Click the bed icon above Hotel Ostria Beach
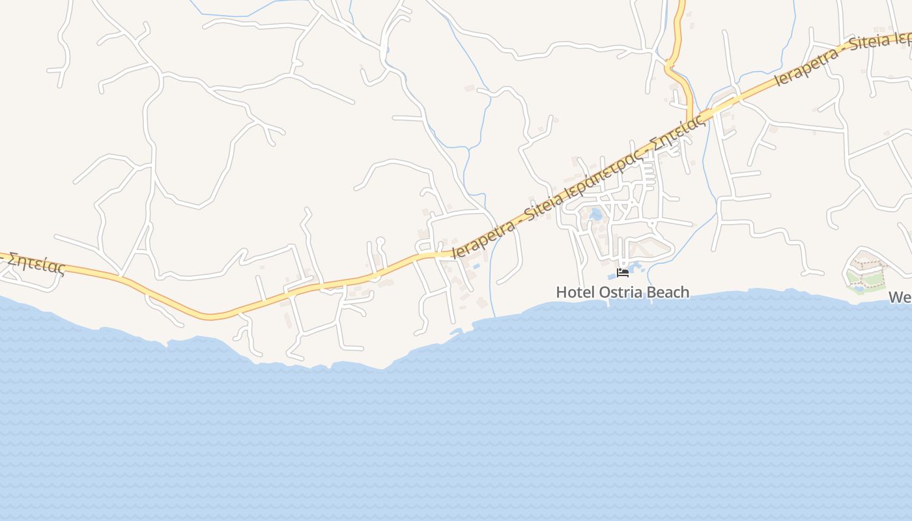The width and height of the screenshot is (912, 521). pyautogui.click(x=623, y=272)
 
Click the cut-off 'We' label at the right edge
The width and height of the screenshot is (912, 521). pyautogui.click(x=900, y=298)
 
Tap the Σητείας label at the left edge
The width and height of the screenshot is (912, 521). pyautogui.click(x=36, y=263)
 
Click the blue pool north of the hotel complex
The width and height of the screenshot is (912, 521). pyautogui.click(x=595, y=214)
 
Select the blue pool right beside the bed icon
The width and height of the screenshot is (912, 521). pyautogui.click(x=635, y=268)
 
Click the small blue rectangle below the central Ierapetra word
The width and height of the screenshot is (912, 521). pyautogui.click(x=476, y=266)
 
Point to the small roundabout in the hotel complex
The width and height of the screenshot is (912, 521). pyautogui.click(x=651, y=223)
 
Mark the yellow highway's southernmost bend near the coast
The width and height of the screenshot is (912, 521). pyautogui.click(x=210, y=317)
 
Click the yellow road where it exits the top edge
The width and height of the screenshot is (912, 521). pyautogui.click(x=680, y=3)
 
